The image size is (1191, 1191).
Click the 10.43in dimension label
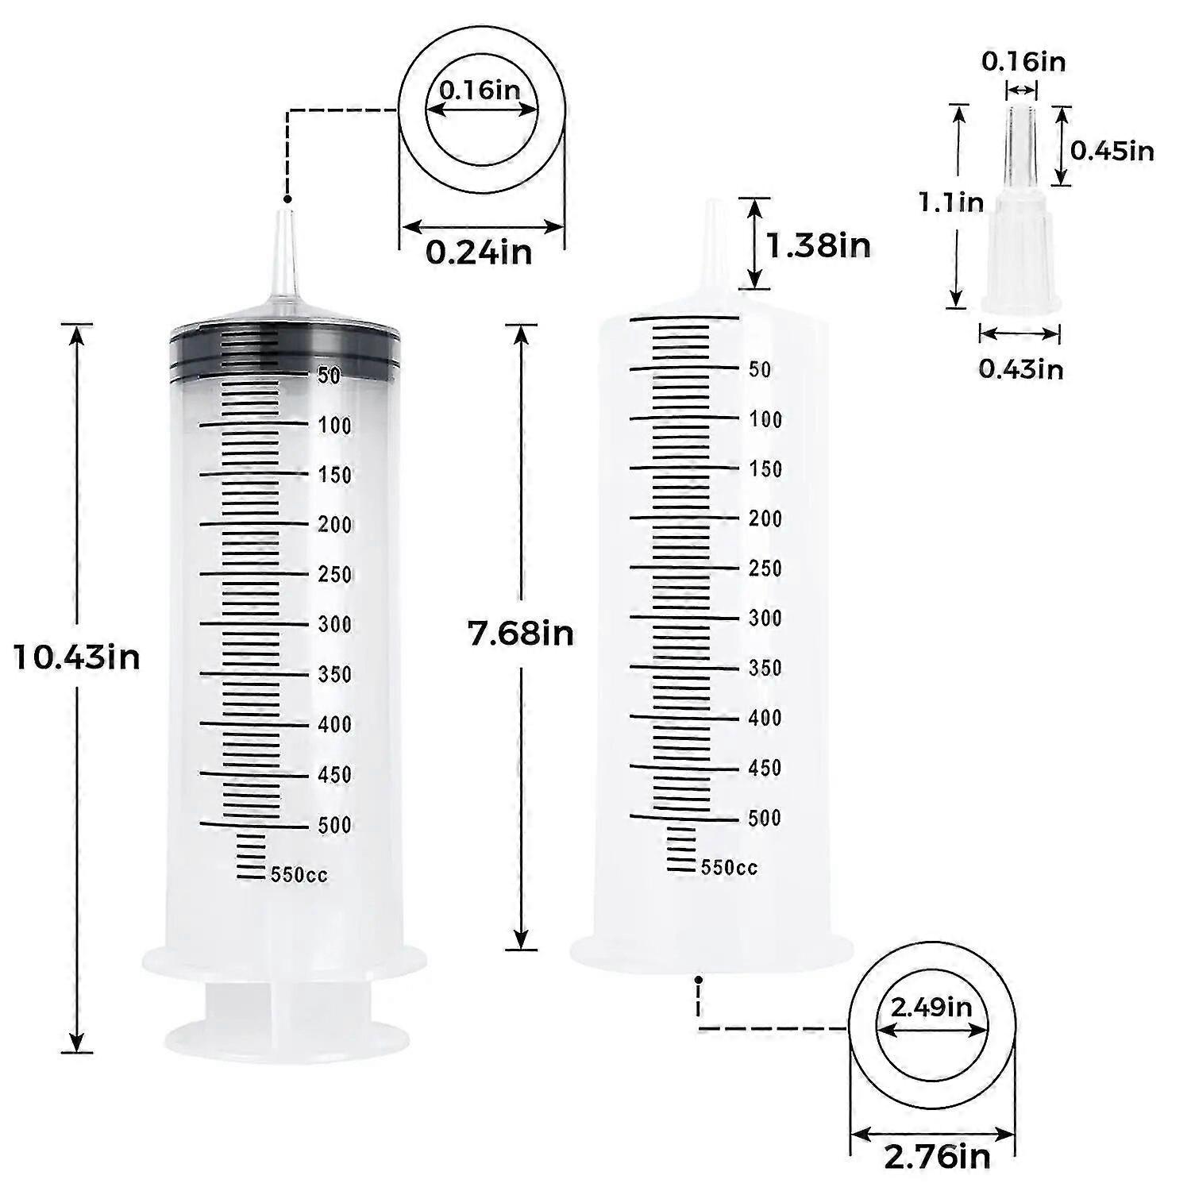(x=77, y=658)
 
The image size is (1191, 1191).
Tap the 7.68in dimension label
(x=521, y=634)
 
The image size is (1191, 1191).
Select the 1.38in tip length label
(x=818, y=245)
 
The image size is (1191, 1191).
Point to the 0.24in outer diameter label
(x=479, y=252)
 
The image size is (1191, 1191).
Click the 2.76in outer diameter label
(x=938, y=1155)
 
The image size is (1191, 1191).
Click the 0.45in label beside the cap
(x=1112, y=150)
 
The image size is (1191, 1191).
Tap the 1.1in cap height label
(x=951, y=202)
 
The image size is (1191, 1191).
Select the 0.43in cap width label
(x=1020, y=368)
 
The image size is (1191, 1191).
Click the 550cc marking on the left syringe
(x=299, y=875)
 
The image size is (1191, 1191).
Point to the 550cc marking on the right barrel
(x=729, y=868)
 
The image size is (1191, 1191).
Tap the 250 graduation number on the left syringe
(x=334, y=574)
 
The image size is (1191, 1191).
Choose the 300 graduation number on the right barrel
(x=765, y=618)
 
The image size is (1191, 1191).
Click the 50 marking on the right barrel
(x=760, y=369)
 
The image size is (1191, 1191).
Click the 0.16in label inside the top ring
(x=480, y=90)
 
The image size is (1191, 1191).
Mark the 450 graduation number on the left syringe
(x=334, y=774)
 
